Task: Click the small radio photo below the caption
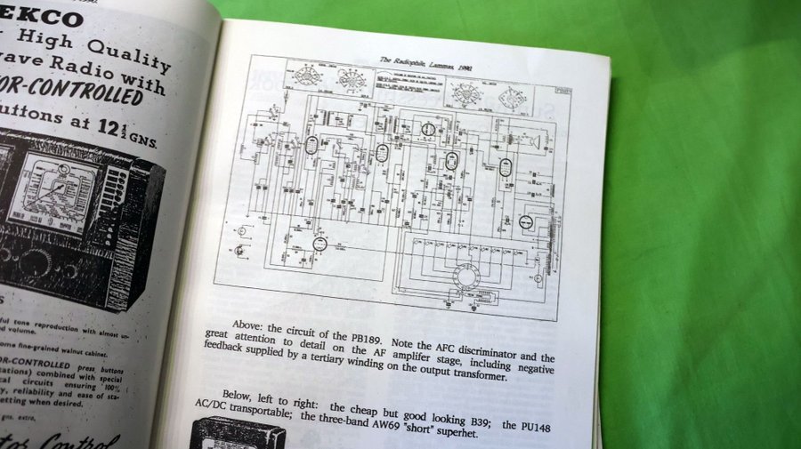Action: point(239,436)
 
